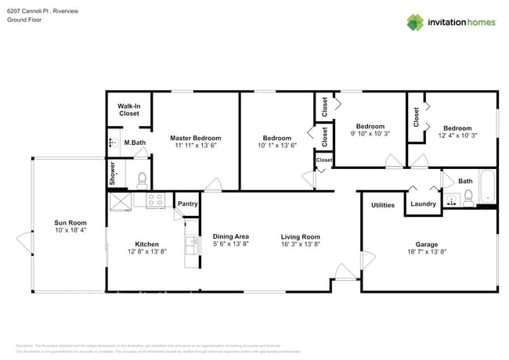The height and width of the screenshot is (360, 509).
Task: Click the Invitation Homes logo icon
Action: pyautogui.click(x=414, y=22)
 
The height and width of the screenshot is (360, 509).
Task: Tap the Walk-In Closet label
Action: pyautogui.click(x=128, y=110)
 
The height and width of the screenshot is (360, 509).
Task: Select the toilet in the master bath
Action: pyautogui.click(x=142, y=181)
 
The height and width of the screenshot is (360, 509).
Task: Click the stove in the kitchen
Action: pyautogui.click(x=154, y=200)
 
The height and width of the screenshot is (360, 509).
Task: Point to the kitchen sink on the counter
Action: pyautogui.click(x=190, y=244)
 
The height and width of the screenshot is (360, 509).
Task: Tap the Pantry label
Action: pyautogui.click(x=188, y=204)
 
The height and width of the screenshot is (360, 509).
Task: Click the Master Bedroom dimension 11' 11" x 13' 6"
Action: pyautogui.click(x=195, y=146)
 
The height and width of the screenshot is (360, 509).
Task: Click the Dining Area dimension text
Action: pyautogui.click(x=231, y=244)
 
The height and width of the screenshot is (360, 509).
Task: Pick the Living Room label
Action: pyautogui.click(x=301, y=236)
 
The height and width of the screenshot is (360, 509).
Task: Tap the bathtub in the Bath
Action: pyautogui.click(x=488, y=188)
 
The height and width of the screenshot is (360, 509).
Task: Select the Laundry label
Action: pyautogui.click(x=423, y=205)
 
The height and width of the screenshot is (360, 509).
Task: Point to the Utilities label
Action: pyautogui.click(x=382, y=205)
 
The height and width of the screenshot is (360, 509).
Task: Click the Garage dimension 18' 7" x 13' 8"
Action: pyautogui.click(x=427, y=252)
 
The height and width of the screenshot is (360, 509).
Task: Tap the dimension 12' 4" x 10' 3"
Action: pyautogui.click(x=457, y=136)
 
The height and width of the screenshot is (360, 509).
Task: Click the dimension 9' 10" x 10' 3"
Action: pyautogui.click(x=370, y=134)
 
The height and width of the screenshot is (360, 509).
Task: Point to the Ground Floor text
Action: pyautogui.click(x=24, y=20)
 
